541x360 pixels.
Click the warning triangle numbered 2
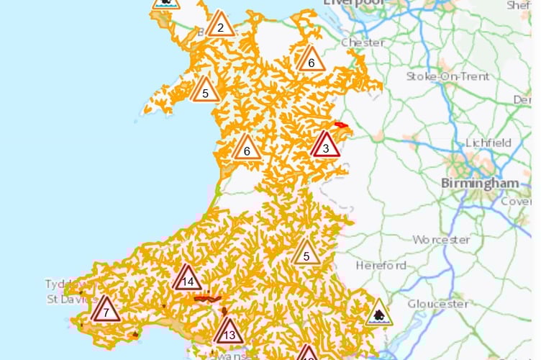[220, 26]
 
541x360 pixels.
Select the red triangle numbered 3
[326, 146]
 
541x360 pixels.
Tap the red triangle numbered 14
[188, 279]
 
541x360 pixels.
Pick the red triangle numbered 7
[106, 310]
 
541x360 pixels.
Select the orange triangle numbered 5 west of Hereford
[306, 253]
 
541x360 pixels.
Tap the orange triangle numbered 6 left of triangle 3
[247, 148]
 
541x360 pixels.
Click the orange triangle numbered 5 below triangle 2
[205, 91]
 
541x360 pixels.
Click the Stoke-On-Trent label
[447, 76]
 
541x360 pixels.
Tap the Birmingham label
[480, 182]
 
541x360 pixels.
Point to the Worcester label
[442, 239]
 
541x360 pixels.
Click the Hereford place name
[381, 266]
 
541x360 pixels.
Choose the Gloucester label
[437, 303]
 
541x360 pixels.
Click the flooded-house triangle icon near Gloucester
[378, 315]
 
